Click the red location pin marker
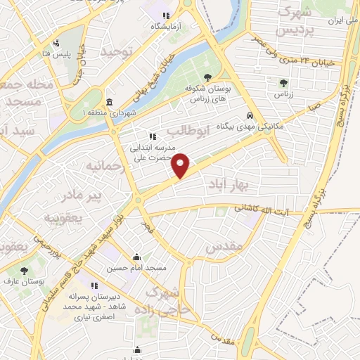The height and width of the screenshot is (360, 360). (181, 165)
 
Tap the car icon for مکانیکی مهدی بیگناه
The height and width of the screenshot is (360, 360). (250, 117)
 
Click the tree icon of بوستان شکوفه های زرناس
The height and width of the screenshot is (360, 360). (207, 79)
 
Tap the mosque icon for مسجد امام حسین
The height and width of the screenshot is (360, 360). (136, 257)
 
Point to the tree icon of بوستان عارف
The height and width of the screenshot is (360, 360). (25, 270)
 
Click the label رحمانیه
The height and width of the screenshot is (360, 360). (105, 167)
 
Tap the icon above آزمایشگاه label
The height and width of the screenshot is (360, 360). (166, 15)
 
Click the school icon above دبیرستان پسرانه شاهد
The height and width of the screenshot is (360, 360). (94, 286)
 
